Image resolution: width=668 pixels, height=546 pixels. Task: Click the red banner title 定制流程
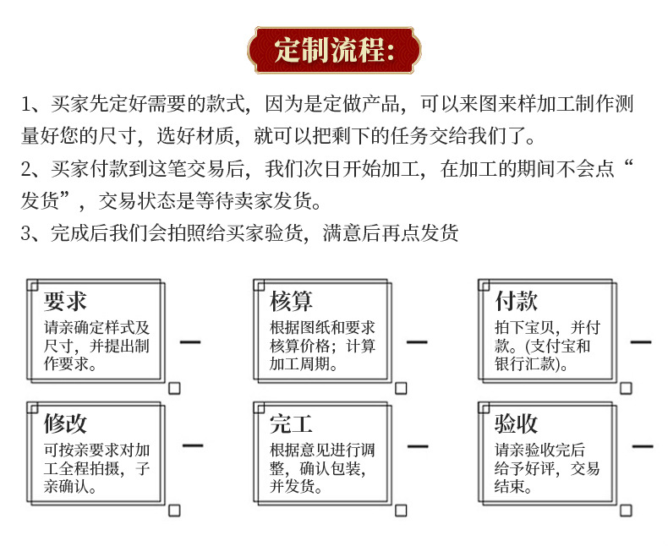tap(335, 49)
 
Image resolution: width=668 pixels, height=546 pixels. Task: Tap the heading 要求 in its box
tap(65, 301)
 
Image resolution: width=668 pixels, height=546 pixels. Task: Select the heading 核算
tap(292, 301)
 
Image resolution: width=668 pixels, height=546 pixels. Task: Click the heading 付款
tap(517, 301)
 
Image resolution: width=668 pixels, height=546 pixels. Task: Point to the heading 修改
tap(65, 423)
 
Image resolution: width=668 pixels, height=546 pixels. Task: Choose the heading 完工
tap(292, 423)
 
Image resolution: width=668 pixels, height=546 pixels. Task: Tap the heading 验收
tap(517, 423)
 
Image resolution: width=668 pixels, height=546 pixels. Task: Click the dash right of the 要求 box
tap(191, 342)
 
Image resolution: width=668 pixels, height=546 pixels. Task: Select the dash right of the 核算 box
tap(417, 342)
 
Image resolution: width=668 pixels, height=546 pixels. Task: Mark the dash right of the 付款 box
tap(642, 342)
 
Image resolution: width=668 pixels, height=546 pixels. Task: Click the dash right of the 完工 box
tap(417, 445)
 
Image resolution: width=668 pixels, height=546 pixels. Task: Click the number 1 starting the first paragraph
tap(25, 105)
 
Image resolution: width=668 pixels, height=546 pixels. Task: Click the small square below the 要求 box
tap(174, 388)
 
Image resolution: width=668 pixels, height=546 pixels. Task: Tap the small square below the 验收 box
tap(626, 510)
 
